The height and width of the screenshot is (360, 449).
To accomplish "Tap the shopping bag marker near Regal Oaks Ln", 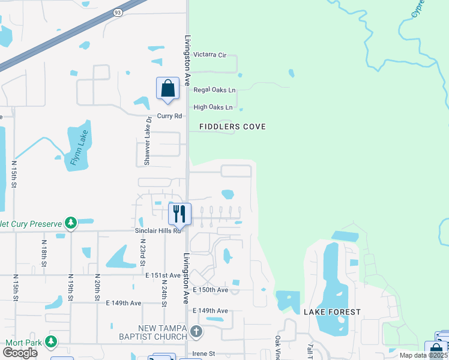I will [168, 88].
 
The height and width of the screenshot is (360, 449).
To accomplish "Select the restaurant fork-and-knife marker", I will [179, 214].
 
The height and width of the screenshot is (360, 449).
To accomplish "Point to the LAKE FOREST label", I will [332, 312].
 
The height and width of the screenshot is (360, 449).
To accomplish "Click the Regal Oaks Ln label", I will [214, 90].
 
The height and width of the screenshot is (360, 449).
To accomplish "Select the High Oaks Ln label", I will [212, 107].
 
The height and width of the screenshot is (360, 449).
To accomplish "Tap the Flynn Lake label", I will [79, 148].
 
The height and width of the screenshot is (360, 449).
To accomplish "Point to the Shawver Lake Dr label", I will [147, 141].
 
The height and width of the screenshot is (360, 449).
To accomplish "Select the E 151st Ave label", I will [163, 275].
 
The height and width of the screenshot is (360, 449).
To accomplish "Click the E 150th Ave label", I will [211, 290].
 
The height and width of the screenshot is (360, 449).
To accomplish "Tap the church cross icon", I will [196, 331].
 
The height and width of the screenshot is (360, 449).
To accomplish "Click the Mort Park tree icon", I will [51, 342].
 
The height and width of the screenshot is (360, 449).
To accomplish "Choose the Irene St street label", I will [204, 354].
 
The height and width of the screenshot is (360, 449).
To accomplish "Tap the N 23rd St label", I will [143, 254].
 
